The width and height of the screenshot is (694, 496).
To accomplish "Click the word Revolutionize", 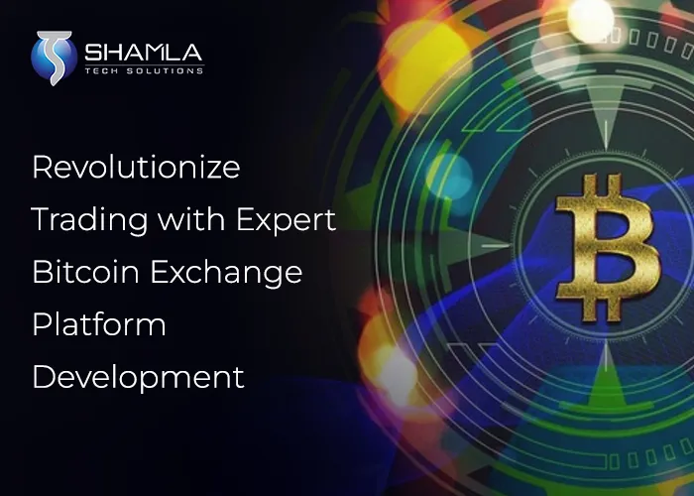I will point(136,167).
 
